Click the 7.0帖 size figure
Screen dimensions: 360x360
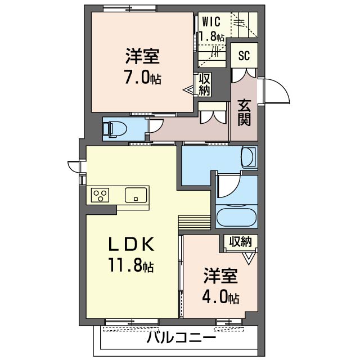[x=142, y=78]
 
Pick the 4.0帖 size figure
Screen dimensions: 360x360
[x=221, y=298]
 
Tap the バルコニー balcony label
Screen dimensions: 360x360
[x=181, y=339]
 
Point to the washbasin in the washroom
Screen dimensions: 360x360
[x=248, y=157]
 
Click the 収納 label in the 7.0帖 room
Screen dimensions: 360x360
[x=204, y=84]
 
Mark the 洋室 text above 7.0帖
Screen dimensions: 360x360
[x=142, y=57]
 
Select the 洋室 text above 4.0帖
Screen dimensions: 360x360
[x=220, y=276]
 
